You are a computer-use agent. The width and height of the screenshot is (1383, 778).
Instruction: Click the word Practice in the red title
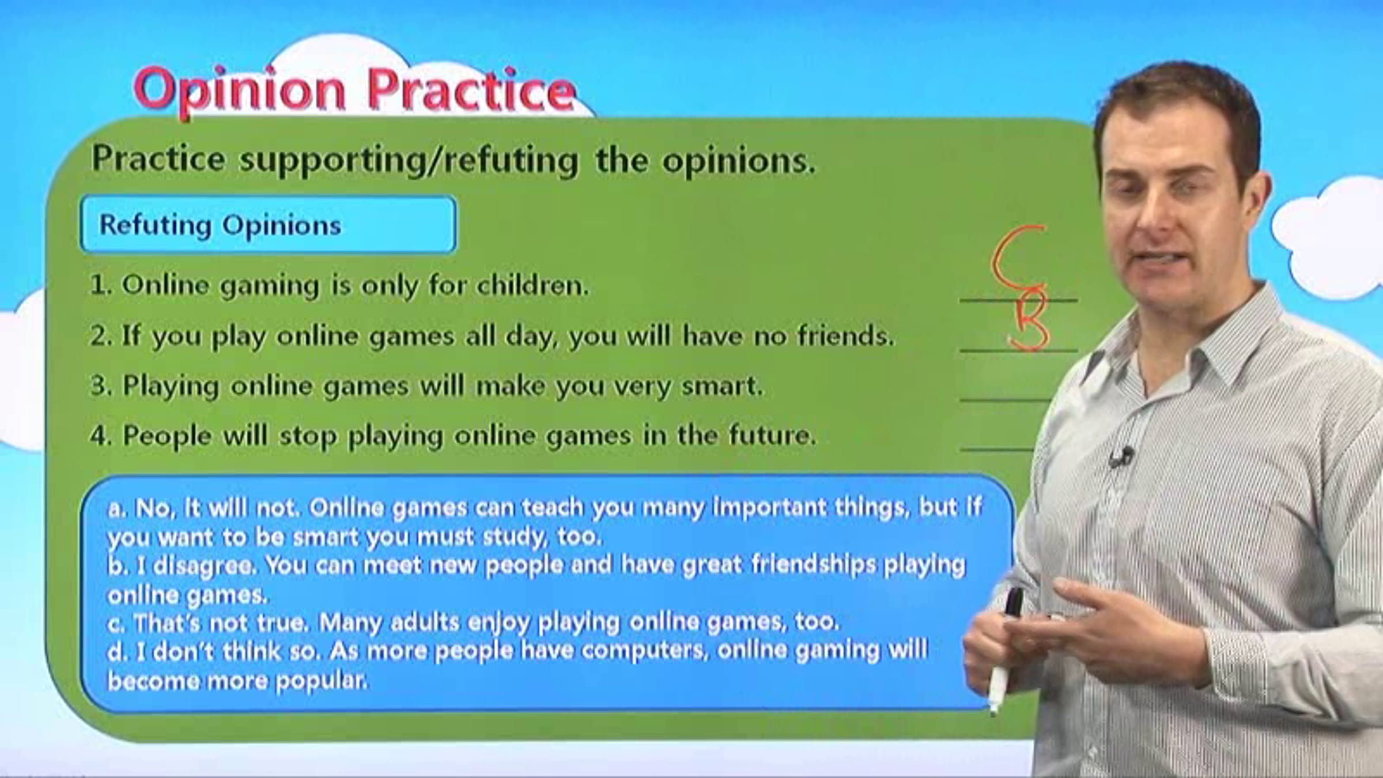tap(471, 89)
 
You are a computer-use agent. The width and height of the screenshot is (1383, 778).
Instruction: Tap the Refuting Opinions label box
tap(269, 224)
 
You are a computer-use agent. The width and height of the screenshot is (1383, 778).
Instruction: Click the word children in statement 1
tap(532, 285)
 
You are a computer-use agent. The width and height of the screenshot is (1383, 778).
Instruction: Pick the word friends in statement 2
tap(845, 335)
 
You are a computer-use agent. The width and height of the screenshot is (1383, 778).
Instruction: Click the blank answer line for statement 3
tap(1006, 399)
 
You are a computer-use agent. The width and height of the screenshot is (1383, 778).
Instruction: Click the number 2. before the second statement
tap(100, 335)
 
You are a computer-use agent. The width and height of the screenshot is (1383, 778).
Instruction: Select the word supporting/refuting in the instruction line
tap(409, 160)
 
